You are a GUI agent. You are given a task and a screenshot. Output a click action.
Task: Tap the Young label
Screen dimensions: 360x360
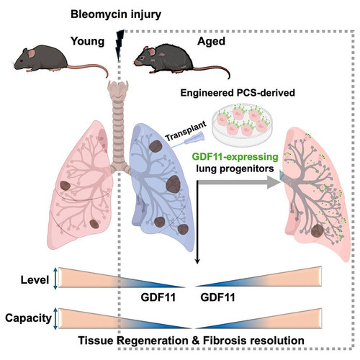(87, 42)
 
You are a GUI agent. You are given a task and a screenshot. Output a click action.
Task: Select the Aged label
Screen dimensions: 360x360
(211, 42)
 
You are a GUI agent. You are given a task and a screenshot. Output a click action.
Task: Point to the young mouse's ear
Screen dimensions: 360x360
(31, 53)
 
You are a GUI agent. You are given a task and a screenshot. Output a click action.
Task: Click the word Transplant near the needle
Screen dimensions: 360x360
(186, 131)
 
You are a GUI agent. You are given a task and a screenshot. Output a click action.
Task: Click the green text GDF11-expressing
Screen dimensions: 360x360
(235, 157)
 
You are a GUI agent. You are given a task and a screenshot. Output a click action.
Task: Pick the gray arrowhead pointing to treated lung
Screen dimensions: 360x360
(274, 182)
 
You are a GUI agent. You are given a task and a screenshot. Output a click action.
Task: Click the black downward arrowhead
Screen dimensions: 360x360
(197, 261)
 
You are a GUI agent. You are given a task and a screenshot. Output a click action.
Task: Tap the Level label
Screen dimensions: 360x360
(35, 280)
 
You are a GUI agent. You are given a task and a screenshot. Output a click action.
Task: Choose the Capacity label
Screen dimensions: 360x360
(28, 318)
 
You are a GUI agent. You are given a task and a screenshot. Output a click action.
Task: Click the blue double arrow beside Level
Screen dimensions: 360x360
(55, 278)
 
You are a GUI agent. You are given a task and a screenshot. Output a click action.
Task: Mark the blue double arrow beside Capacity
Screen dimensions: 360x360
(55, 318)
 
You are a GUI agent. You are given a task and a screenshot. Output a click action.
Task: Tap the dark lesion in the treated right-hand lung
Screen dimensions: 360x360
(318, 231)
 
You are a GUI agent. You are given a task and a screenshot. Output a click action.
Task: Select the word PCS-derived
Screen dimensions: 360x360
(266, 93)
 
